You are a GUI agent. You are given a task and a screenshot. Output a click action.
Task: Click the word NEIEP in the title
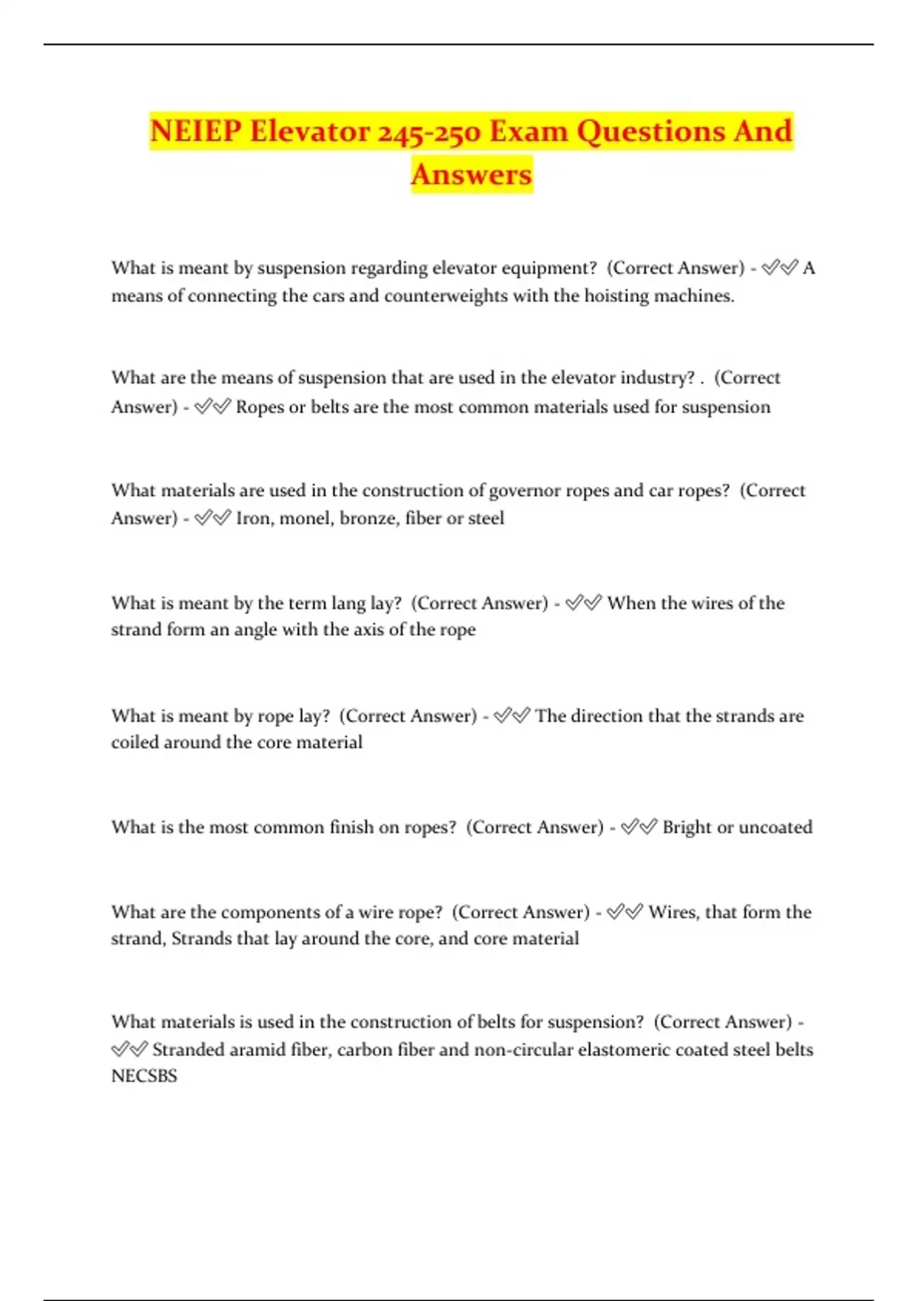tap(195, 131)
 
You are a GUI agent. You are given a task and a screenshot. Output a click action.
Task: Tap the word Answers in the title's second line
tap(471, 174)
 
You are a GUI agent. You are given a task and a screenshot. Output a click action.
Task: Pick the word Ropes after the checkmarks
tap(259, 407)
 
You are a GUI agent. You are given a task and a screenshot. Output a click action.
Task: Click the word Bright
tap(686, 827)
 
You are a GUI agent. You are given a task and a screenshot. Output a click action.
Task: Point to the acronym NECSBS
tap(144, 1076)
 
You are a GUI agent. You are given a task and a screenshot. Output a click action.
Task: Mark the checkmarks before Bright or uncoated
tap(639, 827)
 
